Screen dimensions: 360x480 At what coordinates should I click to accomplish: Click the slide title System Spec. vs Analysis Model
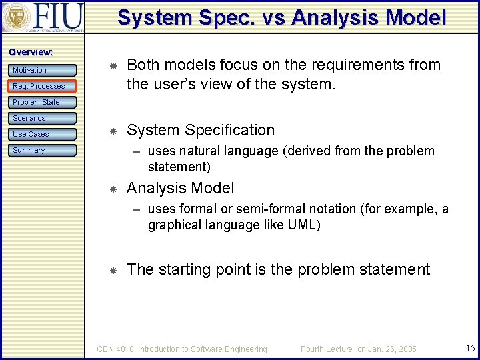[281, 17]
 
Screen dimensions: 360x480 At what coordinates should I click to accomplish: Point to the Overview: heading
[31, 52]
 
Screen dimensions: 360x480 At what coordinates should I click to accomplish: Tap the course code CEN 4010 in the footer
[118, 349]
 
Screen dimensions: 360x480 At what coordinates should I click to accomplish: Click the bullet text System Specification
[200, 130]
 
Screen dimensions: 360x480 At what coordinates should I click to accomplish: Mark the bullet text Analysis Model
[180, 188]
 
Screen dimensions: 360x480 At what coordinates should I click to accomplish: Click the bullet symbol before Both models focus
[113, 65]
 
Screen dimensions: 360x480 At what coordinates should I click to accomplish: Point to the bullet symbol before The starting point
[113, 270]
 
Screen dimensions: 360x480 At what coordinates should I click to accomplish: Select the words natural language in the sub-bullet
[227, 151]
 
